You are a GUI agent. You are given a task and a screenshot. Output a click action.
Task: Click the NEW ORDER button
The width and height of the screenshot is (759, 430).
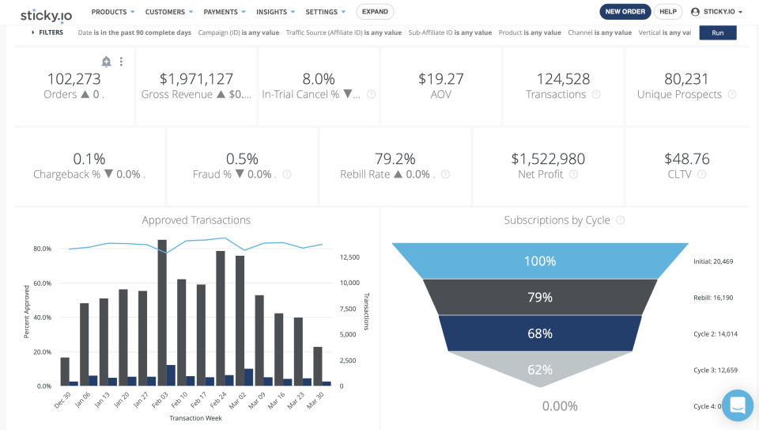click(x=625, y=12)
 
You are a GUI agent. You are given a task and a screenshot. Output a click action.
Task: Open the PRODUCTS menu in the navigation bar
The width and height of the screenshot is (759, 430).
click(x=113, y=12)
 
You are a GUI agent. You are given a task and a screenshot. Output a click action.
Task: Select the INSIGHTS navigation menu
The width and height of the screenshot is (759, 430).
click(x=276, y=12)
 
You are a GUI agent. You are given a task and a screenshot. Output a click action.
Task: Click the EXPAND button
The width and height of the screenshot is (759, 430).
click(x=375, y=12)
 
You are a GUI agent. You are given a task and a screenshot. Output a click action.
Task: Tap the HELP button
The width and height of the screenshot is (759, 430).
click(x=668, y=12)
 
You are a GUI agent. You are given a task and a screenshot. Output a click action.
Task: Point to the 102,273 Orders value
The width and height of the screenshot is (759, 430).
click(x=74, y=79)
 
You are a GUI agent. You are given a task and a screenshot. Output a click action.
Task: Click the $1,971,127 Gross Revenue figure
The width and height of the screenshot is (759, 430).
click(x=196, y=79)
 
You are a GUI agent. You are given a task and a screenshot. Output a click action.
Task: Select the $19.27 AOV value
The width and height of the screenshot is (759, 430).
click(x=441, y=79)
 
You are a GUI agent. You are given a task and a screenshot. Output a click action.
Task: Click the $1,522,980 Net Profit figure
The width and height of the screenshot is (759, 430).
click(x=548, y=158)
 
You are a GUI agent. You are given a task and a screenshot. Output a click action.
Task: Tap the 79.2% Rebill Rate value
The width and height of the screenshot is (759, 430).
click(x=395, y=158)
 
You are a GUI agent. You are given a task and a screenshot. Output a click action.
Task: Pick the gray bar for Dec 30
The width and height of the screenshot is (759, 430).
click(x=65, y=372)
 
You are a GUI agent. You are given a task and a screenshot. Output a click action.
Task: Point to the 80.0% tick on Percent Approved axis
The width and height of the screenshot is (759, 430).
click(x=42, y=249)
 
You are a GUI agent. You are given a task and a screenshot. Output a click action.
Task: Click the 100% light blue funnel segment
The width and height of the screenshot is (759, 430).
click(x=540, y=261)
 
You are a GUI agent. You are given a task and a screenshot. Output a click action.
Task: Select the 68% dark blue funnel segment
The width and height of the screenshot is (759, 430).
click(x=540, y=333)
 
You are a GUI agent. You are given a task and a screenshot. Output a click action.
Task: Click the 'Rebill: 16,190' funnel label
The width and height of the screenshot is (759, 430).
click(x=713, y=297)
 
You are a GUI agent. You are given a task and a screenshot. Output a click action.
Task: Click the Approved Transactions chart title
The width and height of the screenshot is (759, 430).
click(x=196, y=220)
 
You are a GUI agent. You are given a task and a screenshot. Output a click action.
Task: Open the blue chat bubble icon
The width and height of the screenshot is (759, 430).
click(x=737, y=405)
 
